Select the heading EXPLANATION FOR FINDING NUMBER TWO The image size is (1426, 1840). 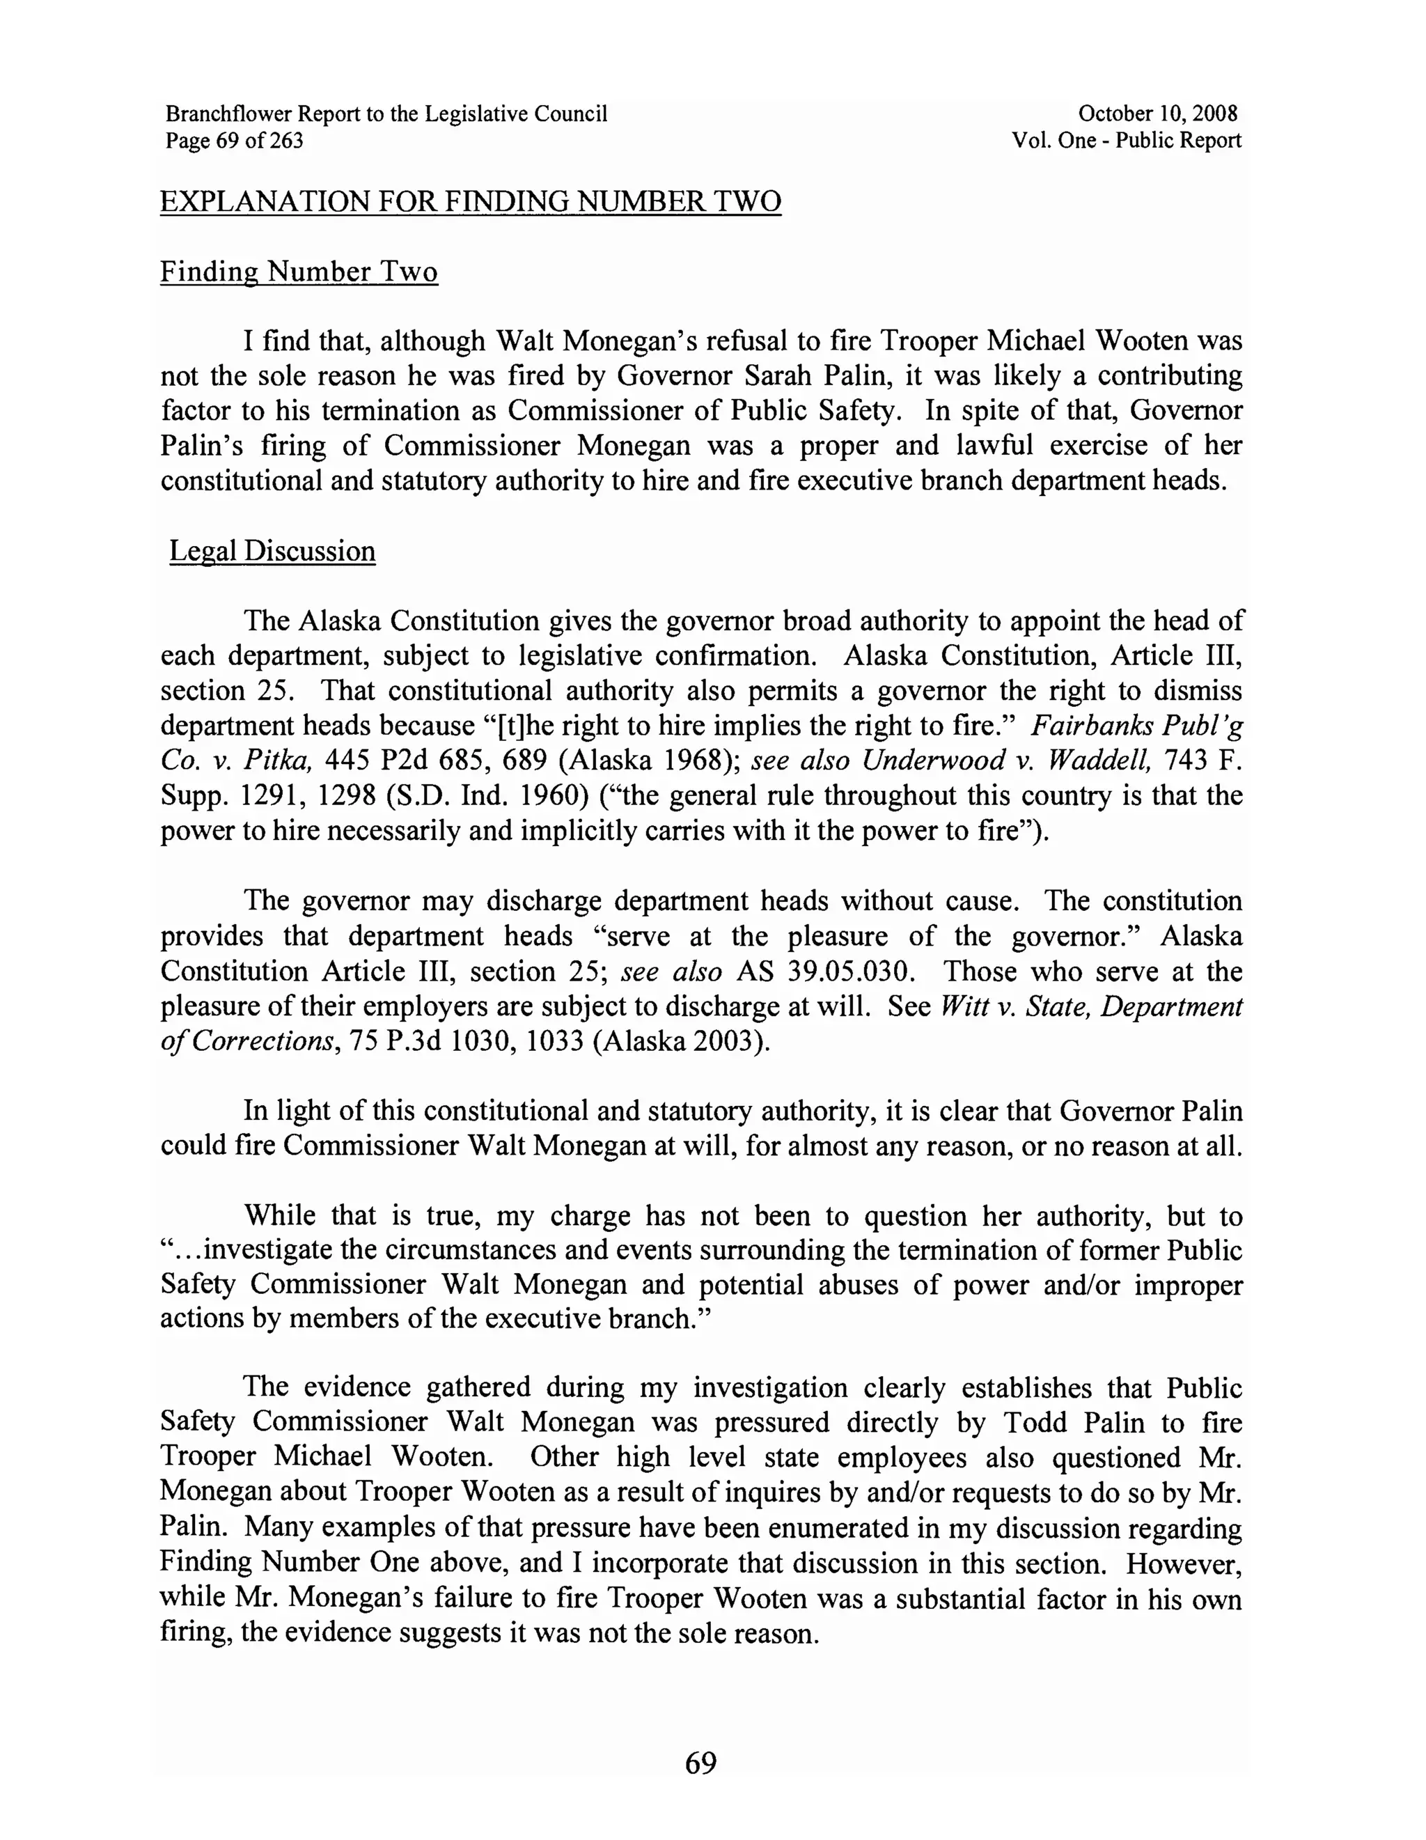pos(471,202)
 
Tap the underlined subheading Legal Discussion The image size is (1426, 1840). pos(272,551)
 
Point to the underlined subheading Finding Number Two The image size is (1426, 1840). pos(299,272)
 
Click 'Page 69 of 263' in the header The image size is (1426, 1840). pos(234,140)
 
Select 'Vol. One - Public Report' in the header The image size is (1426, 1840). pos(1126,140)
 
